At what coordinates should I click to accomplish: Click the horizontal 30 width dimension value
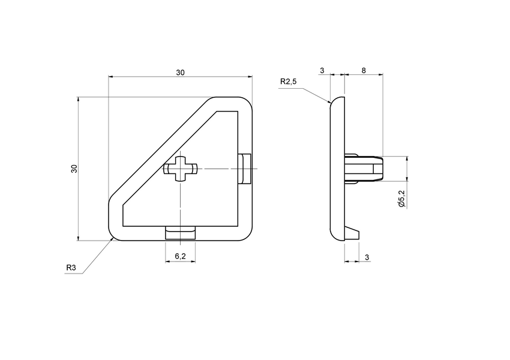click(180, 73)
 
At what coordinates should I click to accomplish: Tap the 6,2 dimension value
click(180, 257)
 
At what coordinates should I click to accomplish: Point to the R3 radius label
click(71, 268)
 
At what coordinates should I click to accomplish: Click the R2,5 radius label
click(288, 82)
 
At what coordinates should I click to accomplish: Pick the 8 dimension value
click(364, 71)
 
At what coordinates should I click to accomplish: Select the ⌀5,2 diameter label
click(401, 199)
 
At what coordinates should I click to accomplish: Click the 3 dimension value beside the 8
click(322, 71)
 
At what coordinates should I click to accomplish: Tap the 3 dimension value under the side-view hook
click(367, 257)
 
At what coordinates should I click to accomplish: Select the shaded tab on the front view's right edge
click(245, 169)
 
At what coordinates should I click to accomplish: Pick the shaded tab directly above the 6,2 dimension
click(181, 232)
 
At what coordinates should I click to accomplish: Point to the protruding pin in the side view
click(364, 169)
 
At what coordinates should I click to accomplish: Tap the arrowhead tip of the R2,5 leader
click(331, 103)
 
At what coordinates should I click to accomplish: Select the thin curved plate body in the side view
click(338, 169)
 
